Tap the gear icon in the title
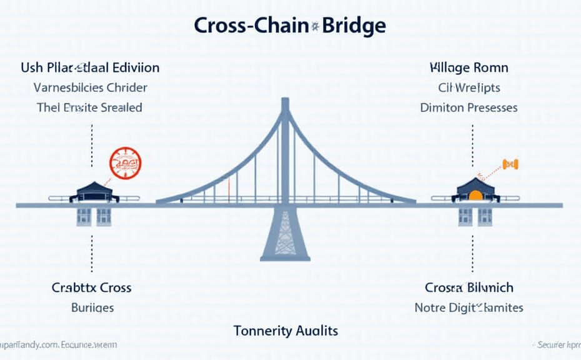coord(315,26)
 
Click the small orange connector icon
coord(510,164)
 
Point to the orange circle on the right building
coord(475,195)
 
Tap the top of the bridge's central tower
coord(286,101)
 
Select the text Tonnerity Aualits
coord(286,330)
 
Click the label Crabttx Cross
coord(92,287)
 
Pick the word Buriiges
coord(92,307)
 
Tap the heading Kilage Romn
coord(469,67)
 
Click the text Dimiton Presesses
coord(469,107)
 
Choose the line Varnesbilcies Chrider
coord(90,87)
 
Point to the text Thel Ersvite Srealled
coord(89,107)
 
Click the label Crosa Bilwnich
coord(469,287)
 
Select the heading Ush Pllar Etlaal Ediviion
coord(90,67)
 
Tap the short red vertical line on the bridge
coord(229,186)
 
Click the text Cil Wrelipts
coord(469,87)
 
